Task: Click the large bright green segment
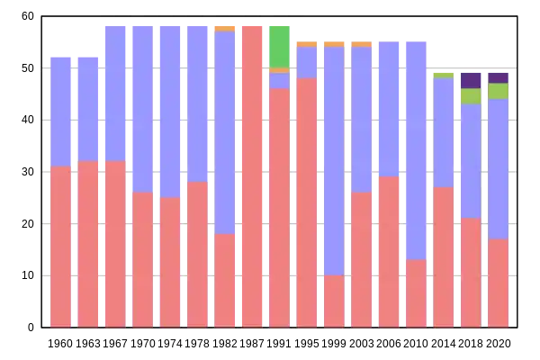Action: pyautogui.click(x=279, y=46)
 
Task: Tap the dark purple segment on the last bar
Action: pyautogui.click(x=499, y=77)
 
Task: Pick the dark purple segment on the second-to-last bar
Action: pyautogui.click(x=471, y=80)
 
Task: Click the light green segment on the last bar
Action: pyautogui.click(x=499, y=91)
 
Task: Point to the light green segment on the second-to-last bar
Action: pyautogui.click(x=471, y=96)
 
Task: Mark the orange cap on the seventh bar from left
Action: pyautogui.click(x=225, y=28)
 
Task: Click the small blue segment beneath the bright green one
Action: pyautogui.click(x=279, y=80)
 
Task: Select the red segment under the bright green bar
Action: pyautogui.click(x=279, y=207)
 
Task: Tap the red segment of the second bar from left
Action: pyautogui.click(x=87, y=243)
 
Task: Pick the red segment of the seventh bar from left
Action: pyautogui.click(x=225, y=280)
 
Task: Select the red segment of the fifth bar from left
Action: pyautogui.click(x=170, y=261)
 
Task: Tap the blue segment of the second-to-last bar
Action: pyautogui.click(x=471, y=161)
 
